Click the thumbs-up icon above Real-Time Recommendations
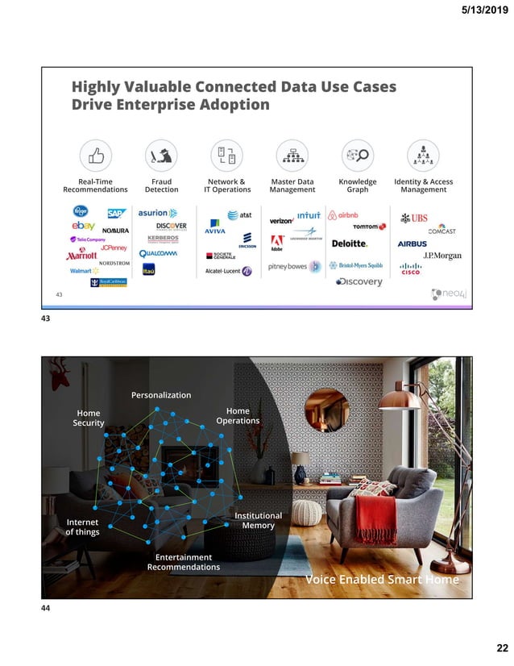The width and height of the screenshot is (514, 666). (95, 156)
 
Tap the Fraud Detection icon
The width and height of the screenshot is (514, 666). (161, 156)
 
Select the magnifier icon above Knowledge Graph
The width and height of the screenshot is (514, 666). (357, 156)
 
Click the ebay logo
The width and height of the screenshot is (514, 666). (83, 226)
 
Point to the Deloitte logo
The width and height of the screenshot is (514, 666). (350, 243)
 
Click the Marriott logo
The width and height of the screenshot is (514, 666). (81, 256)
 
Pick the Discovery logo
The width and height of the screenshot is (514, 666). (359, 281)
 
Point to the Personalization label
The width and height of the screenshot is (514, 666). (161, 395)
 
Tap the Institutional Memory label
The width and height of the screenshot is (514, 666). (258, 520)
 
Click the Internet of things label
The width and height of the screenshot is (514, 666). (82, 527)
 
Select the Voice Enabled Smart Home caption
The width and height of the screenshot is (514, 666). (382, 580)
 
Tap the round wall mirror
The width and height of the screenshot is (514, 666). (327, 410)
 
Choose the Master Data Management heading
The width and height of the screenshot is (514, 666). (292, 185)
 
